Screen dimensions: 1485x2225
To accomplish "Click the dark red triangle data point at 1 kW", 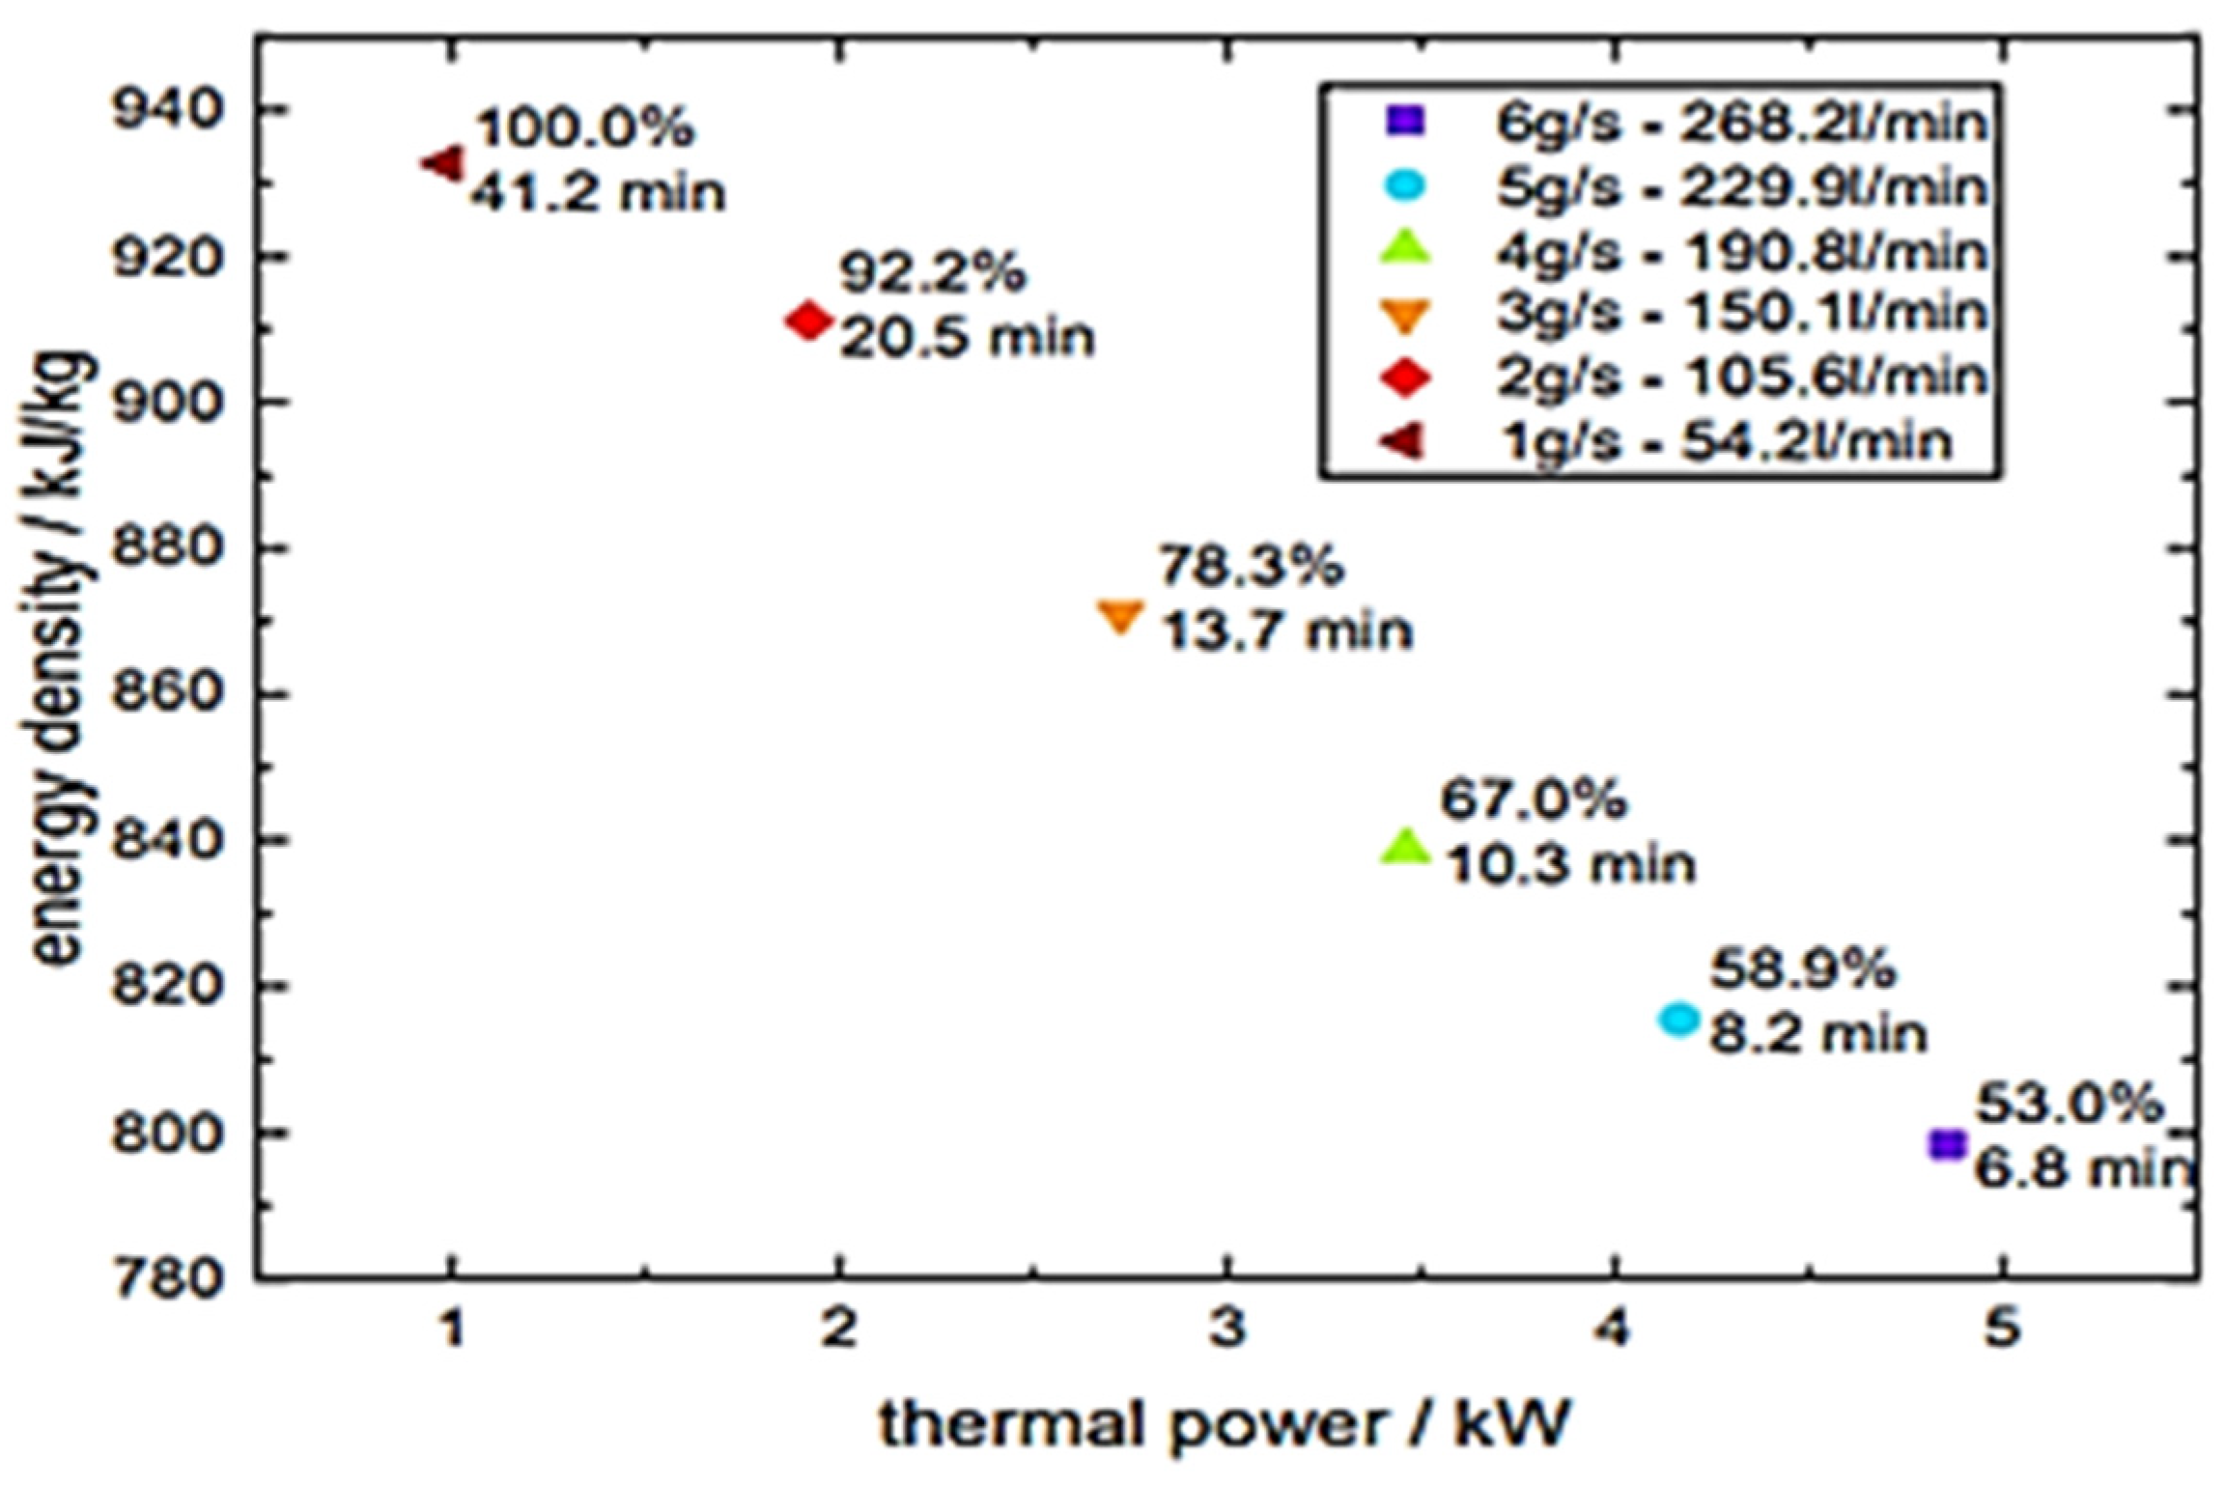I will pyautogui.click(x=445, y=163).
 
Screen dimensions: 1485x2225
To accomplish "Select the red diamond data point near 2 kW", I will pyautogui.click(x=808, y=321).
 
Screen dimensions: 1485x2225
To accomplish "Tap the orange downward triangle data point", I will pyautogui.click(x=1120, y=615).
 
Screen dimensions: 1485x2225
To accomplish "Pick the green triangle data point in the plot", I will pyautogui.click(x=1406, y=847).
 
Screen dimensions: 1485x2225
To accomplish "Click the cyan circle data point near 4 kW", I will pyautogui.click(x=1678, y=1020).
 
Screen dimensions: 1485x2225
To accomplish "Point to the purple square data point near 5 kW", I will pyautogui.click(x=1947, y=1145).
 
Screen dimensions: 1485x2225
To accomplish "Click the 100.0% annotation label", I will pyautogui.click(x=584, y=127).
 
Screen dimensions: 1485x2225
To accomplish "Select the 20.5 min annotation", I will pyautogui.click(x=967, y=338).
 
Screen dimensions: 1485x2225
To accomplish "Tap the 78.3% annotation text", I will pyautogui.click(x=1250, y=566).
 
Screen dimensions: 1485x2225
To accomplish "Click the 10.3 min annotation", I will pyautogui.click(x=1570, y=864).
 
